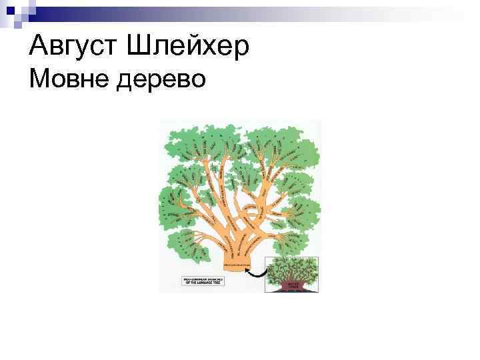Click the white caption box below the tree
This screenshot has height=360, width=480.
click(202, 280)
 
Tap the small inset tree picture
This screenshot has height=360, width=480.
click(292, 275)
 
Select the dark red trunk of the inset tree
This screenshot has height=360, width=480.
click(293, 285)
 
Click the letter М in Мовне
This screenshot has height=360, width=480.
click(39, 81)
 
